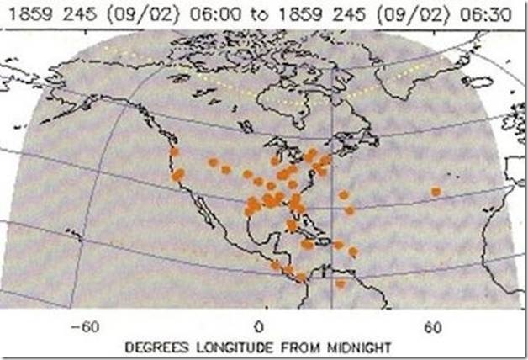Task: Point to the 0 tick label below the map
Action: (259, 326)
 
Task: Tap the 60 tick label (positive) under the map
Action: (434, 326)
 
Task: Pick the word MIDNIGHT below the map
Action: (353, 346)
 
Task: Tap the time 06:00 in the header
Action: (215, 13)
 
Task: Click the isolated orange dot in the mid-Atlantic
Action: (436, 192)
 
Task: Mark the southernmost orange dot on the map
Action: (341, 283)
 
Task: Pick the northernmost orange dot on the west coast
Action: (174, 152)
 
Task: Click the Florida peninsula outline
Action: (300, 220)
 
